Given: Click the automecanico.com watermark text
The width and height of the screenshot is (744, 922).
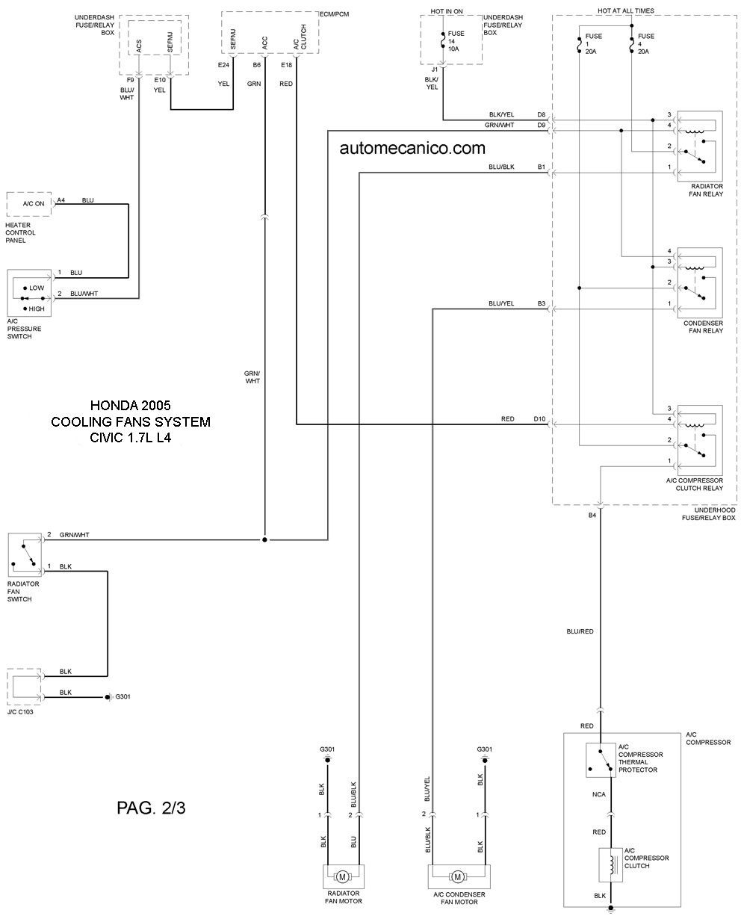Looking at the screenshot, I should click(x=412, y=148).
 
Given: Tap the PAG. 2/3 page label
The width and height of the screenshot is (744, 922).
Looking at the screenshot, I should click(x=151, y=808).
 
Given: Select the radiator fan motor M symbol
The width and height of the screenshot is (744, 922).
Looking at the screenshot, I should click(x=343, y=876).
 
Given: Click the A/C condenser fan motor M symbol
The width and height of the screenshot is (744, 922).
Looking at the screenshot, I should click(x=459, y=876).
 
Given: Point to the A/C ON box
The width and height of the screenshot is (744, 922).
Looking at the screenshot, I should click(x=29, y=204).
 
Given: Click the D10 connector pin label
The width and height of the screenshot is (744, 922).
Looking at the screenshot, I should click(x=539, y=419).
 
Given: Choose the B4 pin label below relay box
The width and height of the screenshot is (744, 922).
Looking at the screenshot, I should click(x=592, y=516).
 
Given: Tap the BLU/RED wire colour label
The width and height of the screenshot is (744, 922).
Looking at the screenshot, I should click(x=580, y=631).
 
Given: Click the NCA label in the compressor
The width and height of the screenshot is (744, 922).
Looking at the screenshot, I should click(x=600, y=794).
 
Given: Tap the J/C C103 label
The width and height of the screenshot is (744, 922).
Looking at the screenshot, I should click(x=20, y=712).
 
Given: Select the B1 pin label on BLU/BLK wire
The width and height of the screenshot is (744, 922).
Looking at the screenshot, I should click(x=542, y=167).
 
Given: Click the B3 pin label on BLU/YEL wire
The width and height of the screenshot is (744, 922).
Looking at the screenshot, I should click(x=542, y=303).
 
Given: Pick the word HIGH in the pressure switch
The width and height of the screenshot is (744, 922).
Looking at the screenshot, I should click(x=37, y=309).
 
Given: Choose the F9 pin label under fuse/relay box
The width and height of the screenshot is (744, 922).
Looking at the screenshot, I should click(x=130, y=78).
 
